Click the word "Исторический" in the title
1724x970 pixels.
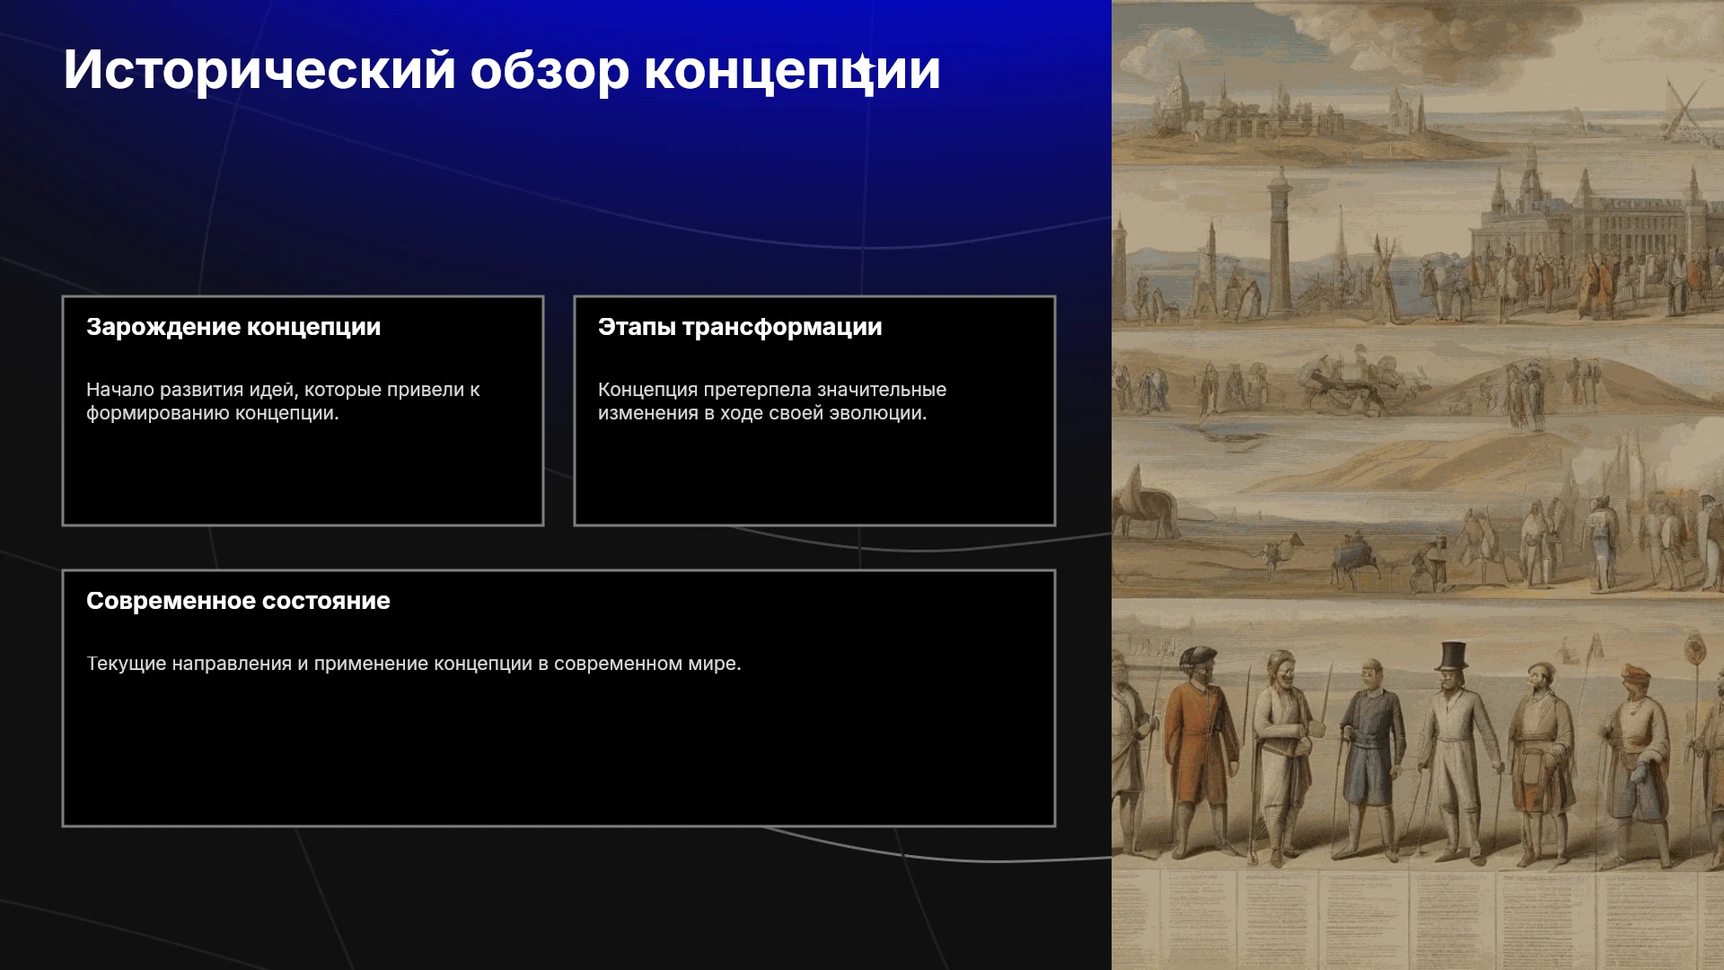[x=259, y=70]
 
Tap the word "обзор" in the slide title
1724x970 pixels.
[x=550, y=70]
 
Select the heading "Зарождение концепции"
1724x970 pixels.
[x=233, y=327]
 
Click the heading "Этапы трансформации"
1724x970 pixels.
[x=740, y=327]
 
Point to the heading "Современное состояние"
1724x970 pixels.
[x=238, y=601]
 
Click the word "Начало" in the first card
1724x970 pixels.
[x=120, y=390]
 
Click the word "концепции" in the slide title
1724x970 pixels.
[x=792, y=70]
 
